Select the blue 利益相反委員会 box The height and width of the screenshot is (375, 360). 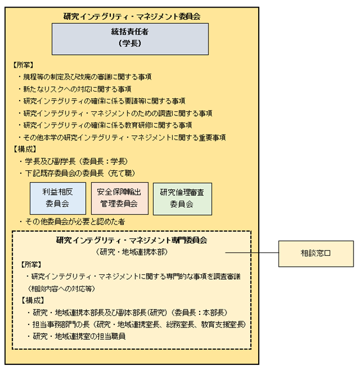pos(58,198)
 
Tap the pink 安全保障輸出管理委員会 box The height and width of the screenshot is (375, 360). pos(120,198)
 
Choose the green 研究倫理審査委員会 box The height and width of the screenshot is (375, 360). pos(182,198)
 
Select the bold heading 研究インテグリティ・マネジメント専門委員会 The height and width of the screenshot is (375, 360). pos(132,241)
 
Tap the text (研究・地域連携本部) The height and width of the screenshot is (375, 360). pos(132,252)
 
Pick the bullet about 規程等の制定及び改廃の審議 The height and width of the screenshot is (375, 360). pos(87,77)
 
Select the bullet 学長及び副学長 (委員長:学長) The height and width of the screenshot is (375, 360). pos(80,161)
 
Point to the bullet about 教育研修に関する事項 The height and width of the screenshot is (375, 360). pos(107,125)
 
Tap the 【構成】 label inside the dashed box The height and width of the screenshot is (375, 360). pos(33,300)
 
